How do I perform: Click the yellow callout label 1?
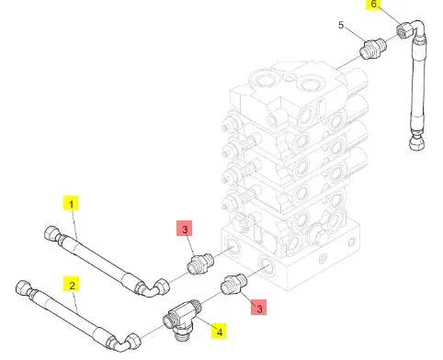(71, 204)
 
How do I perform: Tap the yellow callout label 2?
(72, 285)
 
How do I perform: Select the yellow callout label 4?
(219, 332)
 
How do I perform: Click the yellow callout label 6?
(373, 5)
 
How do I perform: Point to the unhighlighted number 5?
(341, 25)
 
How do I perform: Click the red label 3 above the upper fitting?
(185, 229)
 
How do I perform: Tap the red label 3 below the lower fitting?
(259, 307)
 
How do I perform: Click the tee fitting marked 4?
(182, 320)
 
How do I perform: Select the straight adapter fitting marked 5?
(373, 49)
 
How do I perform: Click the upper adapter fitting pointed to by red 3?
(199, 264)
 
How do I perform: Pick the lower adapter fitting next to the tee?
(233, 285)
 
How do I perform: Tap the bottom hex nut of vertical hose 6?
(416, 142)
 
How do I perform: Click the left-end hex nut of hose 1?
(51, 234)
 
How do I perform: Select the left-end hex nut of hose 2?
(23, 288)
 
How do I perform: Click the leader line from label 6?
(390, 16)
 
